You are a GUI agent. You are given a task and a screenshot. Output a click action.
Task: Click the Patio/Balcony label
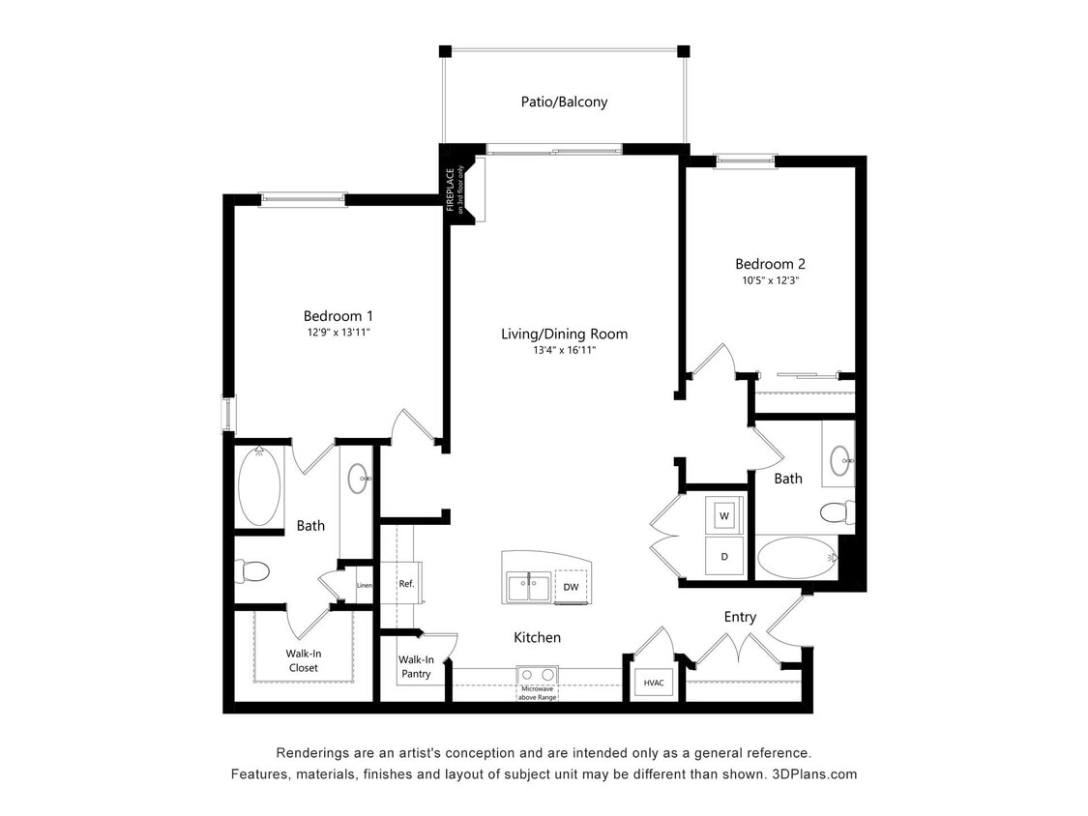[x=562, y=102]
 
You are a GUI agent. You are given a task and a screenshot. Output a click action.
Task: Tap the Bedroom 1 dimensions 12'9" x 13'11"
[x=338, y=333]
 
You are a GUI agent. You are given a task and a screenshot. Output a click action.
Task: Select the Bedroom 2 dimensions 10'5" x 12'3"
[x=770, y=280]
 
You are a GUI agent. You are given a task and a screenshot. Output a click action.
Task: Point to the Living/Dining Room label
[x=564, y=335]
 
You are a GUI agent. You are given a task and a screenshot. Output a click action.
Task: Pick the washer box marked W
[x=723, y=516]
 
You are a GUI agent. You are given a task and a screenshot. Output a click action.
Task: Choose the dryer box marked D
[x=723, y=557]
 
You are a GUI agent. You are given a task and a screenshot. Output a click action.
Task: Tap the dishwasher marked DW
[x=571, y=587]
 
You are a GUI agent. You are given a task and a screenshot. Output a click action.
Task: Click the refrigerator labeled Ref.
[x=406, y=584]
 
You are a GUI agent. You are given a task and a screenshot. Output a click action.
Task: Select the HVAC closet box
[x=654, y=683]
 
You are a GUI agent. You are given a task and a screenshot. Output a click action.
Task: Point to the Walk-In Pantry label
[x=416, y=667]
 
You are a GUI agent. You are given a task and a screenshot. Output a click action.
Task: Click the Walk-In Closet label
[x=302, y=660]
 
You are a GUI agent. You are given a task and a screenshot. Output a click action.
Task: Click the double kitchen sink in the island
[x=528, y=586]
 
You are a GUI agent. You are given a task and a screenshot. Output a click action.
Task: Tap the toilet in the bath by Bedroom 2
[x=836, y=511]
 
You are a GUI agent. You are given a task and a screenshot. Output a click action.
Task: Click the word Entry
[x=740, y=617]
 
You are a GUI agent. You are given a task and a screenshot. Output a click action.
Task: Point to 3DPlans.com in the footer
[x=812, y=774]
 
